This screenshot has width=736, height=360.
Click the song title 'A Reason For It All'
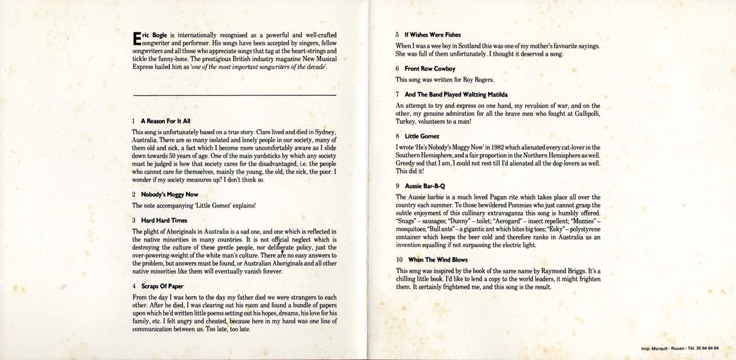(165, 121)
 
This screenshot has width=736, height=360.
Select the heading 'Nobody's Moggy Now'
(169, 194)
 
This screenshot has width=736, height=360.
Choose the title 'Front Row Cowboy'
(430, 69)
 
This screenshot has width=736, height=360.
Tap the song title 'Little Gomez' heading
(422, 136)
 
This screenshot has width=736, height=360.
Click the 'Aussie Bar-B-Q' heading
(424, 186)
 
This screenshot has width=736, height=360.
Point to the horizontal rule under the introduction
(234, 95)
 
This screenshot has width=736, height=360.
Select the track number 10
(399, 260)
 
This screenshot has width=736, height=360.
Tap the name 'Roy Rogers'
(478, 80)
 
